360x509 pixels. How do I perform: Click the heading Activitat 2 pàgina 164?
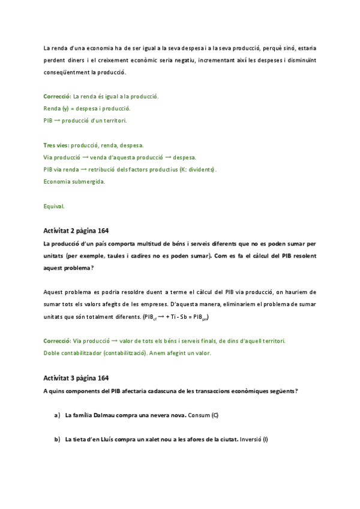76,230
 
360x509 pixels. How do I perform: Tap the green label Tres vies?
56,145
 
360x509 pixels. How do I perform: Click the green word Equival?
54,206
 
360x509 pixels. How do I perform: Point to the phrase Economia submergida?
74,181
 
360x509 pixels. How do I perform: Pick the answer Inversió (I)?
253,439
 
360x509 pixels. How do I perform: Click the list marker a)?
57,415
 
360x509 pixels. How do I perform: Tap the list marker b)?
57,439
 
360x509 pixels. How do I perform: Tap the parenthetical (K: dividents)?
197,169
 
